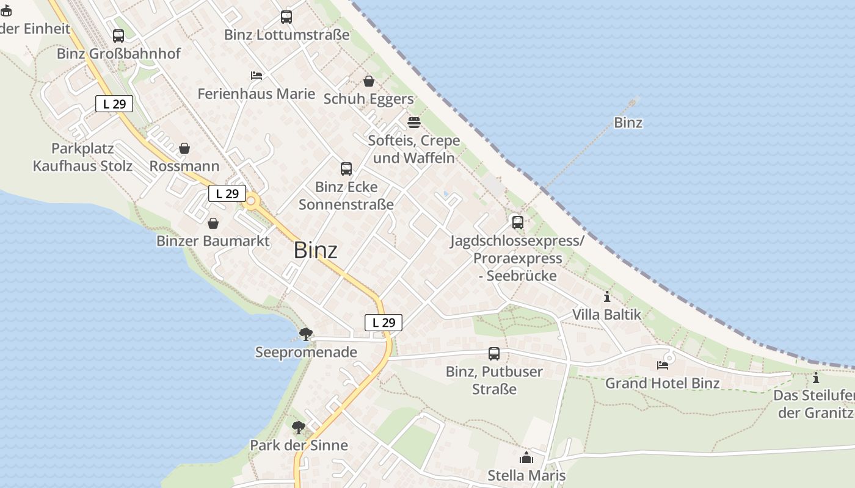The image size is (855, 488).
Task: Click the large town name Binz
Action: (315, 250)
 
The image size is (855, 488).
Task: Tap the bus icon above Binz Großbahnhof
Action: (118, 36)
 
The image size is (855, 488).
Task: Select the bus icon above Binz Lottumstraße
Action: (286, 17)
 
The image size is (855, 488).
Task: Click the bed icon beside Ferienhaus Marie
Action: (256, 76)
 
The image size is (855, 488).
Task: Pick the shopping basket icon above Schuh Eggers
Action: (369, 81)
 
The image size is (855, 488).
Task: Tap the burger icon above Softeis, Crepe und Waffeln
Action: (414, 123)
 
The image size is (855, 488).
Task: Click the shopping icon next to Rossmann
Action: (184, 148)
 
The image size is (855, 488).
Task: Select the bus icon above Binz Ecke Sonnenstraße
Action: (346, 169)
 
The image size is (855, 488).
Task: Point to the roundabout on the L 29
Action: (250, 201)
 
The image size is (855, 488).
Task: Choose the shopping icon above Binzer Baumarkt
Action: (213, 223)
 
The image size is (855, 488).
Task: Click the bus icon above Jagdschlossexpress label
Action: (518, 223)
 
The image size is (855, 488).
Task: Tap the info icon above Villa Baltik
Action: (607, 297)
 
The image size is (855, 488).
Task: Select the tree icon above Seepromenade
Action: (306, 334)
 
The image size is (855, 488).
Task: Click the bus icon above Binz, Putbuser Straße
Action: (494, 354)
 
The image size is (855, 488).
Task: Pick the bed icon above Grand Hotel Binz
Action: (663, 365)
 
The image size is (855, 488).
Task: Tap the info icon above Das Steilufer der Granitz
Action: (816, 378)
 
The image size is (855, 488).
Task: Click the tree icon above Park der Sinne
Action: (299, 427)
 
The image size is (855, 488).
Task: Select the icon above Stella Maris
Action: (526, 457)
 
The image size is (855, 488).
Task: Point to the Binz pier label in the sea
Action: (628, 123)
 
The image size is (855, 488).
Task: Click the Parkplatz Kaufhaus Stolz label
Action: (82, 157)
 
